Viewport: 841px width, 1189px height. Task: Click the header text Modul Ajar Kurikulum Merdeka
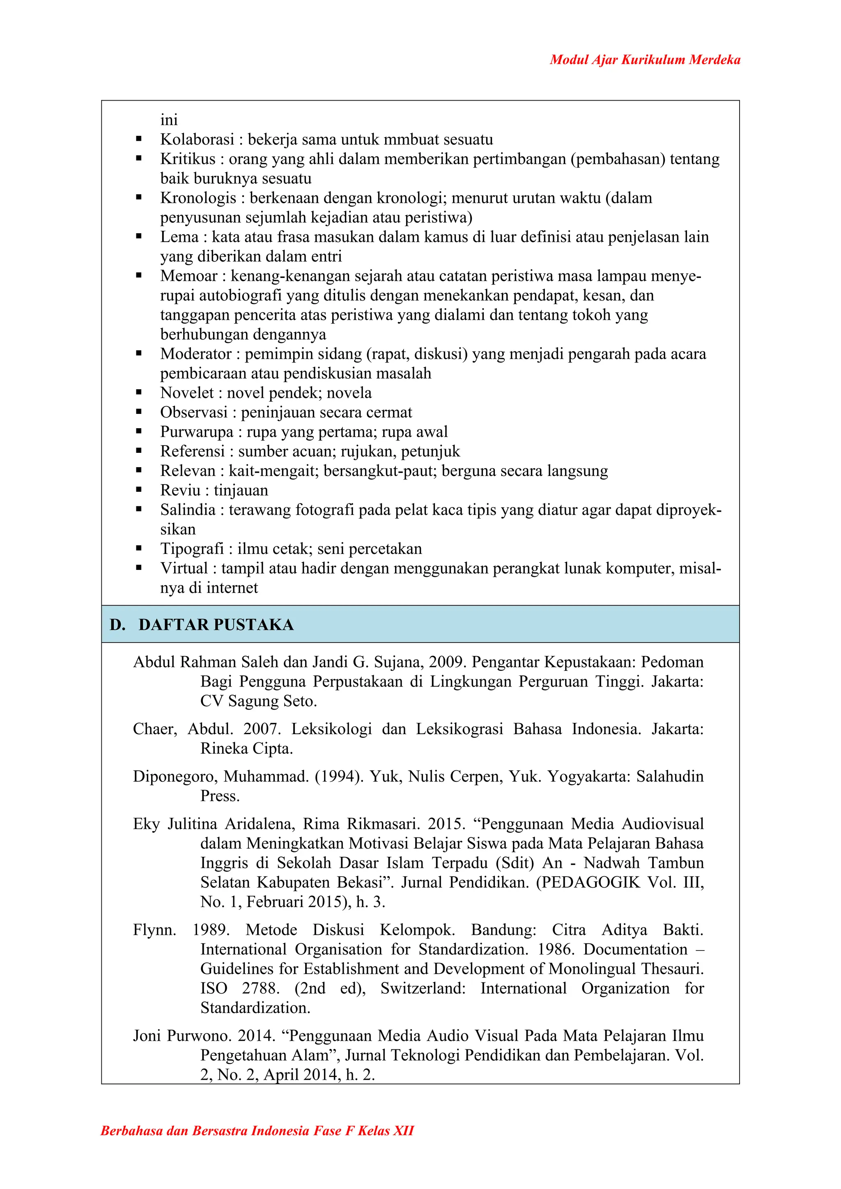click(x=645, y=60)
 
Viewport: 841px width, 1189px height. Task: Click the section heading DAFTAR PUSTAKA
click(x=216, y=624)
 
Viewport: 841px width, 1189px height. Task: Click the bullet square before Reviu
click(x=139, y=490)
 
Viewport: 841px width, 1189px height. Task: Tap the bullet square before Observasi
click(x=139, y=412)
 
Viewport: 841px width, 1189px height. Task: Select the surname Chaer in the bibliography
click(x=153, y=729)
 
